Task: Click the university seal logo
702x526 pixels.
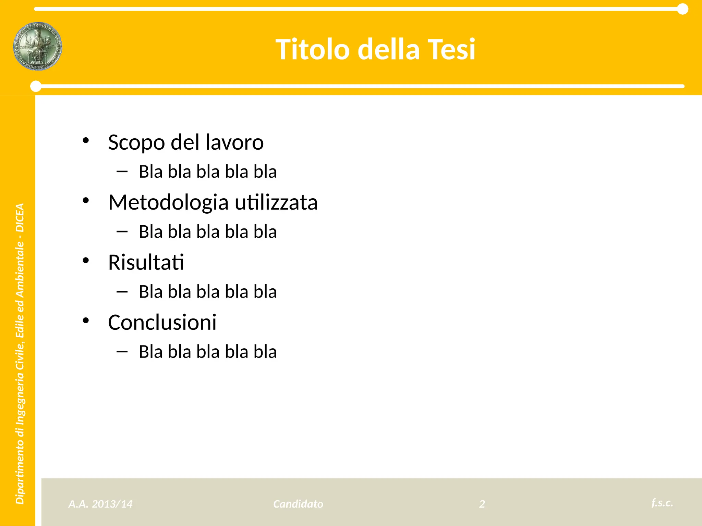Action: click(38, 46)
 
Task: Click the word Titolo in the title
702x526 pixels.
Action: click(312, 50)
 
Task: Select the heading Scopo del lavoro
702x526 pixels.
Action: click(185, 142)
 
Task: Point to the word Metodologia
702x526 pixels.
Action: click(168, 202)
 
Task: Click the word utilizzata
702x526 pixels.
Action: click(276, 202)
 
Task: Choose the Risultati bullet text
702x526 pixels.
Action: click(146, 262)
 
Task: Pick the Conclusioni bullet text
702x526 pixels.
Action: click(162, 322)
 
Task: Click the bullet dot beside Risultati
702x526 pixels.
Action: click(86, 261)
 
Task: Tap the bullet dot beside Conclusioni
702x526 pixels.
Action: click(86, 321)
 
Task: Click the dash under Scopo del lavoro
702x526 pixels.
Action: click(122, 171)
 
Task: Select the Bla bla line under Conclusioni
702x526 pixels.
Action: click(207, 352)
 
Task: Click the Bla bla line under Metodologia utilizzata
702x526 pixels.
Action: click(207, 232)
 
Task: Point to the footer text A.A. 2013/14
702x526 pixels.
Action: click(100, 504)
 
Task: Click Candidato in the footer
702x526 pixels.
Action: click(298, 504)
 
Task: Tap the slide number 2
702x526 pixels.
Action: click(482, 504)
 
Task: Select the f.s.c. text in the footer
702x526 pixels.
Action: click(662, 502)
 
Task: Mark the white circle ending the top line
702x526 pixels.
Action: click(683, 9)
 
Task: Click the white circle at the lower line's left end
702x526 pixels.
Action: click(36, 86)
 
